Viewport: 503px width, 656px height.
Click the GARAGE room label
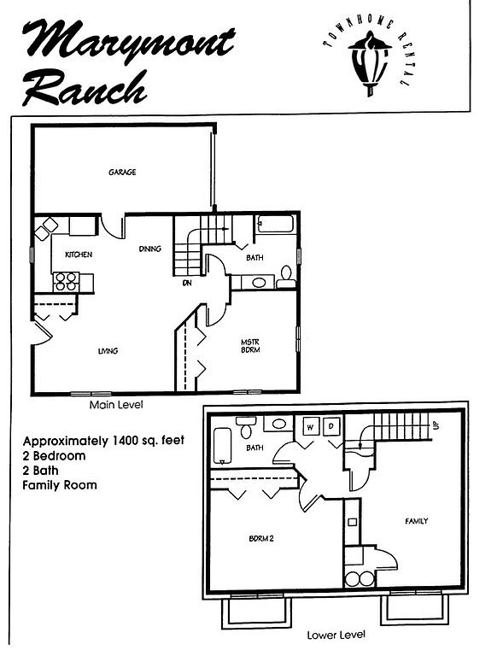click(x=122, y=172)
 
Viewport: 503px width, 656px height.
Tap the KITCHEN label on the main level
click(x=79, y=255)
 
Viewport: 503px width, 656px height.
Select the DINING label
click(x=149, y=249)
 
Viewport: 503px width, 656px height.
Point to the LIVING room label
click(x=108, y=351)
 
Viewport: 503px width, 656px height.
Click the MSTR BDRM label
click(x=250, y=346)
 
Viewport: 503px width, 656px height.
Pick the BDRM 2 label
click(x=261, y=538)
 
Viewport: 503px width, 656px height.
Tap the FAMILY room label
click(x=417, y=521)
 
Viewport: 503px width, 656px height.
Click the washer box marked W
click(x=310, y=427)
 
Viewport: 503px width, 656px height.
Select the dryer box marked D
click(x=332, y=426)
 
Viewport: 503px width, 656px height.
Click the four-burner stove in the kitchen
click(x=66, y=282)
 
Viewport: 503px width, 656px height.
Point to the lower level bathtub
click(x=222, y=446)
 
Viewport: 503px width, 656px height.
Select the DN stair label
click(x=187, y=284)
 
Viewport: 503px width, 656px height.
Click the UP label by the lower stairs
click(x=436, y=425)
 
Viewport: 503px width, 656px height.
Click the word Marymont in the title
click(x=127, y=42)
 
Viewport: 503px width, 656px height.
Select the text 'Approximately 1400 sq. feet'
click(x=103, y=441)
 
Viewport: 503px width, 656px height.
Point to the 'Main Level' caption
click(x=116, y=405)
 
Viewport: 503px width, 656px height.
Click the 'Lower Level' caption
click(x=336, y=635)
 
